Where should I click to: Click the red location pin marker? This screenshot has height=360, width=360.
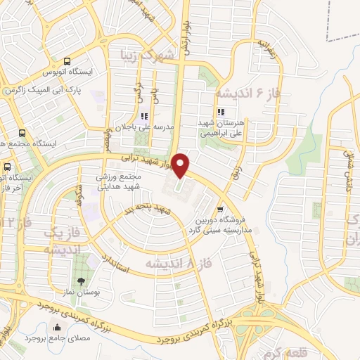(x=181, y=165)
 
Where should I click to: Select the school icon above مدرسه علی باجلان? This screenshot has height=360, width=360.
(x=144, y=116)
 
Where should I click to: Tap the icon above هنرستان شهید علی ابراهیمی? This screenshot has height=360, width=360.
(x=221, y=111)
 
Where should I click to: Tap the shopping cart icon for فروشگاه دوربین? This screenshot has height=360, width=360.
(x=221, y=209)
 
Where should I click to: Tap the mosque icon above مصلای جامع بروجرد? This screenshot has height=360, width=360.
(x=58, y=326)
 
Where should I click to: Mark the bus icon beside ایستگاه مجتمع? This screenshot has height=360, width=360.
(x=22, y=132)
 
